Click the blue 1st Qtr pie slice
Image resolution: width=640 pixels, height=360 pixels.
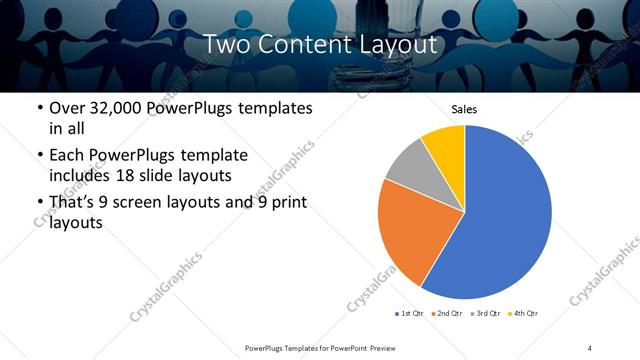click(505, 215)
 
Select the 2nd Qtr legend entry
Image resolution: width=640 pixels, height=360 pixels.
click(447, 314)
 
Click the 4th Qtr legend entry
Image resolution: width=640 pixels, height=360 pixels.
click(524, 314)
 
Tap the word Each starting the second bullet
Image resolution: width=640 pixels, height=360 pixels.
click(69, 156)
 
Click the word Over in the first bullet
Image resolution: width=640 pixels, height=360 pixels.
click(67, 108)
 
